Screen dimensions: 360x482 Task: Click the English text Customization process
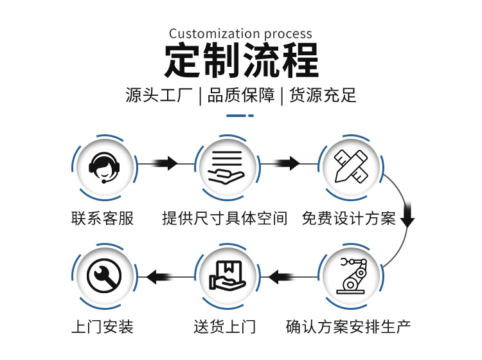coord(240,33)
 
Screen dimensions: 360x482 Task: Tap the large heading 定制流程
coord(241,62)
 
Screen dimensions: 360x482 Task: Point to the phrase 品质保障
coord(241,96)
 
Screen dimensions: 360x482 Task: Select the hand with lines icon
coord(227,166)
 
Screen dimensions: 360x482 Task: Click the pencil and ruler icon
coord(350,166)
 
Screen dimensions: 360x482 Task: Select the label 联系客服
coord(103,219)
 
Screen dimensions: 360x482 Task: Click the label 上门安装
coord(103,327)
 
